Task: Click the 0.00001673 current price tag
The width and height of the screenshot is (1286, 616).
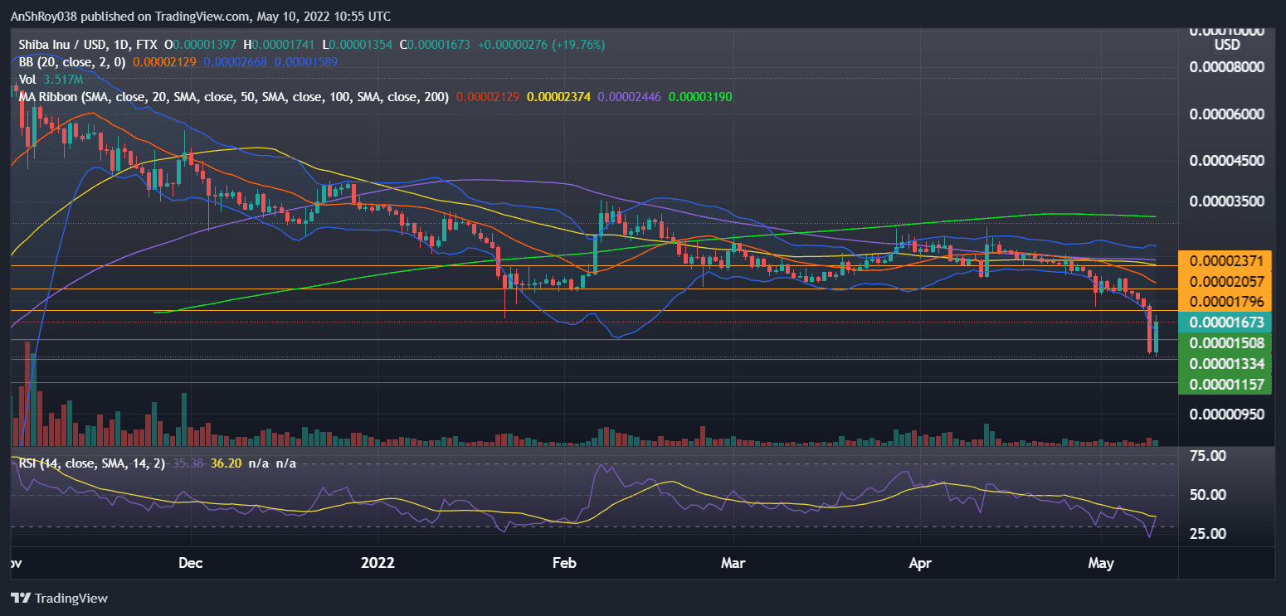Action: coord(1225,323)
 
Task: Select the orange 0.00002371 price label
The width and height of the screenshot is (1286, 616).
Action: coord(1225,261)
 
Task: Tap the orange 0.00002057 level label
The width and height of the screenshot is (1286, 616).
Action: coord(1225,282)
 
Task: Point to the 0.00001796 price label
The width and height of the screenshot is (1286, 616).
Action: coord(1225,301)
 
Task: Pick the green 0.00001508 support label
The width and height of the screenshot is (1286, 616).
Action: coord(1225,342)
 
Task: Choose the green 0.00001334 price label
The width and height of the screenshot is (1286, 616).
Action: coord(1225,363)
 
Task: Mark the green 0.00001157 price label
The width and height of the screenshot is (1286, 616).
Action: coord(1225,384)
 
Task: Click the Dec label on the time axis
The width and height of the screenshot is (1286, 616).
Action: coord(191,564)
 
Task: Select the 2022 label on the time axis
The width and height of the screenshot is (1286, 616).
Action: coord(378,564)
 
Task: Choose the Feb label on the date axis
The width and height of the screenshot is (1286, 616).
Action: coord(564,564)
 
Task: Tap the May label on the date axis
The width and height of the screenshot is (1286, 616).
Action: coord(1101,564)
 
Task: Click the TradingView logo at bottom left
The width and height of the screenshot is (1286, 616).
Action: coord(59,598)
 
